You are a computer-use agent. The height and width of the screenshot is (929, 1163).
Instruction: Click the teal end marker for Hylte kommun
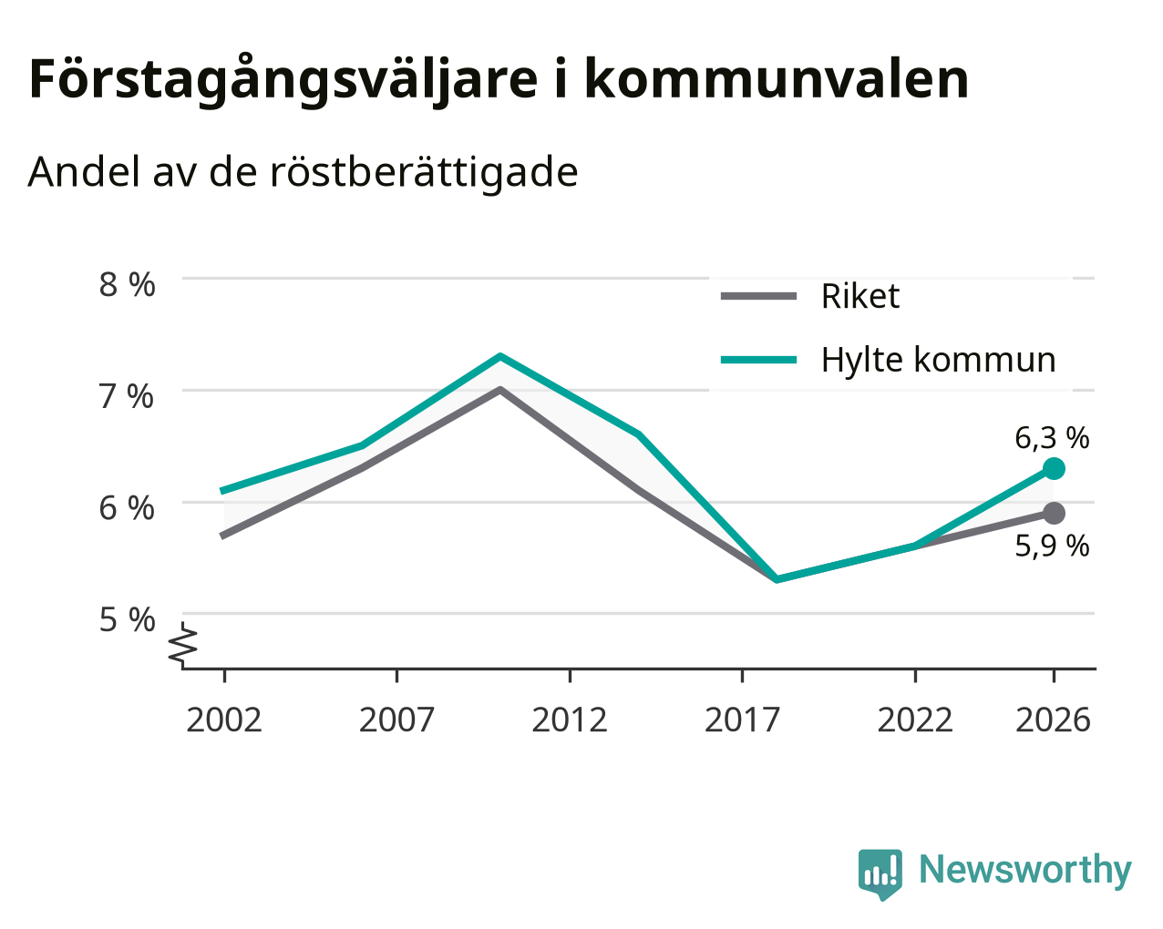pyautogui.click(x=1054, y=468)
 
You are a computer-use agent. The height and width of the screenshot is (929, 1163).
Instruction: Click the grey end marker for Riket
pyautogui.click(x=1054, y=513)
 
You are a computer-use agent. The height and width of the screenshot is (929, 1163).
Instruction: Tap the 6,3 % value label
pyautogui.click(x=1052, y=437)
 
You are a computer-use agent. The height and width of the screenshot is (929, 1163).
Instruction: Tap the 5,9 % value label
pyautogui.click(x=1052, y=546)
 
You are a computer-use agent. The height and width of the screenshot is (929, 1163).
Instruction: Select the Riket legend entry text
pyautogui.click(x=860, y=296)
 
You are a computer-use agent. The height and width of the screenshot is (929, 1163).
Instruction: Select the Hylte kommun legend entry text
pyautogui.click(x=938, y=360)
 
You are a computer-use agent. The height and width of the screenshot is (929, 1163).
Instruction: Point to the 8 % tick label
pyautogui.click(x=127, y=285)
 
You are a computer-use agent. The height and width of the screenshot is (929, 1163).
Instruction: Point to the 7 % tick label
pyautogui.click(x=127, y=396)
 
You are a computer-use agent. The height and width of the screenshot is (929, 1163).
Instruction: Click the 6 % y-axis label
pyautogui.click(x=127, y=508)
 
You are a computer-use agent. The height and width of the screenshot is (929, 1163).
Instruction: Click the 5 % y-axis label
pyautogui.click(x=127, y=619)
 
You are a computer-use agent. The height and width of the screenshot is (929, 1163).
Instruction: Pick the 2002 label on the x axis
pyautogui.click(x=223, y=720)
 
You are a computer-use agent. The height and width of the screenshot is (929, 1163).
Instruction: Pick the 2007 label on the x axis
pyautogui.click(x=396, y=720)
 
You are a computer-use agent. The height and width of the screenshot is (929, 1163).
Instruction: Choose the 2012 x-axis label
pyautogui.click(x=570, y=720)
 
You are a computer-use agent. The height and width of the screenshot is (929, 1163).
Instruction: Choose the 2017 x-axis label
pyautogui.click(x=742, y=720)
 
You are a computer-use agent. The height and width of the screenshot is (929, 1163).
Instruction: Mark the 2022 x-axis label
pyautogui.click(x=915, y=720)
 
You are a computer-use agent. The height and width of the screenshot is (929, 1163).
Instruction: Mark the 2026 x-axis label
pyautogui.click(x=1054, y=720)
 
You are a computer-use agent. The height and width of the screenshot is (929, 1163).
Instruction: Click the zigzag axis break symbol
pyautogui.click(x=182, y=643)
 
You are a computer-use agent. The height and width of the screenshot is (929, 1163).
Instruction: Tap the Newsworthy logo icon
pyautogui.click(x=880, y=874)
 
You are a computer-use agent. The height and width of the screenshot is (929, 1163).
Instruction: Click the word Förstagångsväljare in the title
pyautogui.click(x=283, y=80)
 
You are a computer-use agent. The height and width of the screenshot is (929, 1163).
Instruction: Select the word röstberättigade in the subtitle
pyautogui.click(x=424, y=172)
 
